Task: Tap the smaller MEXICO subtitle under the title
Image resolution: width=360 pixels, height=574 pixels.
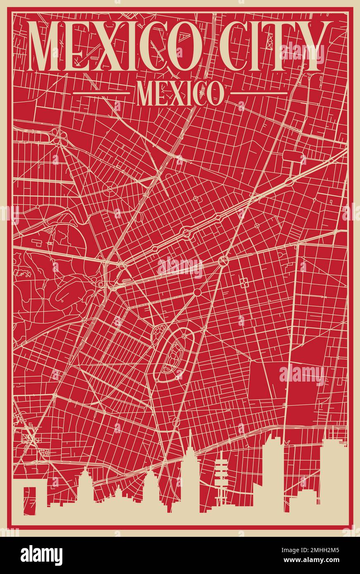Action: click(178, 93)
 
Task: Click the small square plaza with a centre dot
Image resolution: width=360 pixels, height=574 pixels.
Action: click(244, 283)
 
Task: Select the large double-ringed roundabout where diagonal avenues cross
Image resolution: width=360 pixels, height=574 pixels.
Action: click(223, 261)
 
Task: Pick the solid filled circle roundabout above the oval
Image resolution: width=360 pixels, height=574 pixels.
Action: click(197, 292)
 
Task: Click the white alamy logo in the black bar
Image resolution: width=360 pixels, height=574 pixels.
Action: click(41, 555)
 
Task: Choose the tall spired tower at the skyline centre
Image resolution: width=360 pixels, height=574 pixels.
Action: click(189, 471)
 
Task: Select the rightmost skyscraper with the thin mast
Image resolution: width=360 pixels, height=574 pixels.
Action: click(333, 475)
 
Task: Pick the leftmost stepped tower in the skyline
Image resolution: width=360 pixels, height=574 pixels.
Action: click(85, 487)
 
